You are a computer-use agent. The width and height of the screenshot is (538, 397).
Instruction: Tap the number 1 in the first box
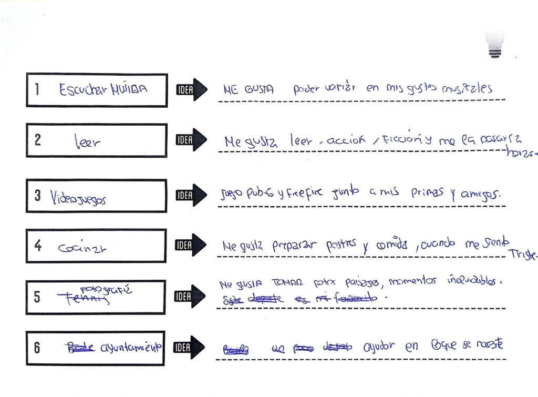point(37,89)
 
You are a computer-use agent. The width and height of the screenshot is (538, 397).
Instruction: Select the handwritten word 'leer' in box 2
point(86,141)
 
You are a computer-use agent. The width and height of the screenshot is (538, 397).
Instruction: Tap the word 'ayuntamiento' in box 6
point(129,348)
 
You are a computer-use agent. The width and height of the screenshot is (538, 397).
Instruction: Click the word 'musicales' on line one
point(467,88)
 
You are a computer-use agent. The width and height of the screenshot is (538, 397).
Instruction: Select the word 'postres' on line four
point(340,245)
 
